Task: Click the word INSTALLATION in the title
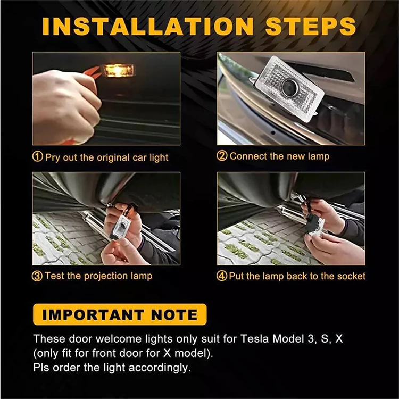coord(148,27)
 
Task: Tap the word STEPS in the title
coord(311,27)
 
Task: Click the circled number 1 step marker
coord(38,156)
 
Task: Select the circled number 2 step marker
coord(222,156)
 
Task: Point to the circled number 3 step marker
coord(37,276)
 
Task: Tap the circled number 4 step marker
coord(222,276)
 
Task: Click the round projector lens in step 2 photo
coord(290,86)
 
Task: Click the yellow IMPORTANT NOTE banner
coord(120,314)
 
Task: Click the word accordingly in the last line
coord(159,368)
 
